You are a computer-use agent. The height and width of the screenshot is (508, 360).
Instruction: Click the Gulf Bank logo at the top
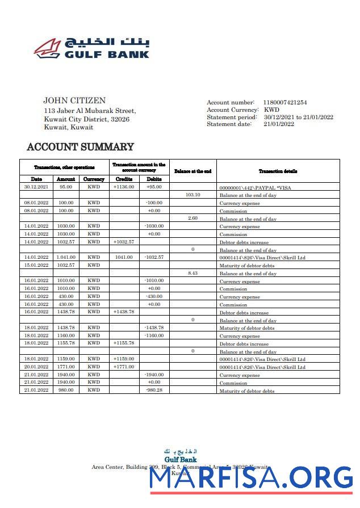coord(91,48)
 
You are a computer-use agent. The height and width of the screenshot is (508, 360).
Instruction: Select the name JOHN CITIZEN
coord(74,100)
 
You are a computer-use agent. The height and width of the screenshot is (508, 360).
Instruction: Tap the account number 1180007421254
coord(284,102)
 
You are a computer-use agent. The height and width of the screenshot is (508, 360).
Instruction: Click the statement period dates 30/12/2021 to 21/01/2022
coord(298,117)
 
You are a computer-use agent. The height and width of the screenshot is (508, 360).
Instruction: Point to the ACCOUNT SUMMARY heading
coord(80,147)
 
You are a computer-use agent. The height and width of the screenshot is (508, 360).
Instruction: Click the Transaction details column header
coord(278,171)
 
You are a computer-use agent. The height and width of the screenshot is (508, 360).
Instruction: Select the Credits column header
coord(124,179)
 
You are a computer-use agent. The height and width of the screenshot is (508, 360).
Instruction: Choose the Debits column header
coord(154,179)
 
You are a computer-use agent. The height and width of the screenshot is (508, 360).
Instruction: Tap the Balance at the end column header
coord(192,171)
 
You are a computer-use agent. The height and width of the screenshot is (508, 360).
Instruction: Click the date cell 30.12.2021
coord(36,187)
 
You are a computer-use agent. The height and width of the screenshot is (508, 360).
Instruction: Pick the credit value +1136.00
coord(124,187)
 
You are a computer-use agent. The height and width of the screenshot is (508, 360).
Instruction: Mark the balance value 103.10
coord(192,195)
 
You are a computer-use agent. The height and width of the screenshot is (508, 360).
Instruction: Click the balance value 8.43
coord(192,273)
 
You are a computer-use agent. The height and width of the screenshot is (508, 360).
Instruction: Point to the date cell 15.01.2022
coord(36,265)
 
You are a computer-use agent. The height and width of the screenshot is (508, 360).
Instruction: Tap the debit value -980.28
coord(154,390)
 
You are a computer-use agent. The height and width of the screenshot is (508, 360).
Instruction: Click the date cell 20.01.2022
coord(36,367)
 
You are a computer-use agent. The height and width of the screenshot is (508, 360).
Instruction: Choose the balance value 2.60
coord(192,218)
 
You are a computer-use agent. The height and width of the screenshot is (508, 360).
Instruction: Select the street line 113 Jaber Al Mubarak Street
coord(90,111)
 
